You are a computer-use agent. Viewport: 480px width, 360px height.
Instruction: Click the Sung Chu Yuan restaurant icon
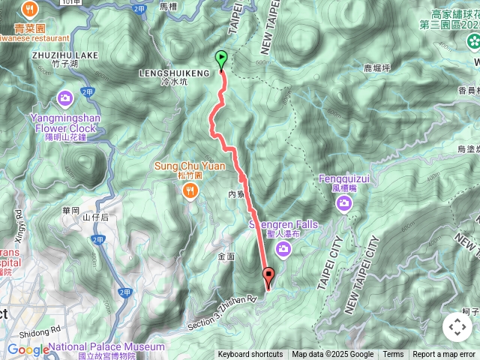point(190,190)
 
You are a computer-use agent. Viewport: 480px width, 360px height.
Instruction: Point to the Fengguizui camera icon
point(344,202)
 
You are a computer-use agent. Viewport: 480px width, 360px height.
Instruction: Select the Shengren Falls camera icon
point(284,248)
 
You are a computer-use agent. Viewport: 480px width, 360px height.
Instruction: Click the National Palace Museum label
point(107,346)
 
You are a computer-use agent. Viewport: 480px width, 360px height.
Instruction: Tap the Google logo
point(28,349)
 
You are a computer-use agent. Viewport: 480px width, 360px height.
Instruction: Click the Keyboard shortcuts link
point(250,355)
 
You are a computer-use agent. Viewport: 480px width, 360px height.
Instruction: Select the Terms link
point(393,355)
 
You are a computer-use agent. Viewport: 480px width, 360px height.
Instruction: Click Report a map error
point(444,355)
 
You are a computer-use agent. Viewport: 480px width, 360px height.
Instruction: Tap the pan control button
point(457,327)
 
